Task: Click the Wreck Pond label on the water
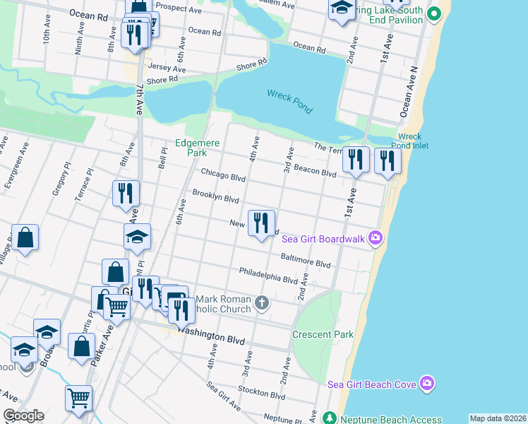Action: click(289, 100)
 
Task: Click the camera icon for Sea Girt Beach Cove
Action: click(426, 384)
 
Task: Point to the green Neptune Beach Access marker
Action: click(328, 418)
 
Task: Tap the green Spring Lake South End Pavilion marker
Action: click(435, 13)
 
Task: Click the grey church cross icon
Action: click(262, 304)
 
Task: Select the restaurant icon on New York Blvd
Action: click(261, 223)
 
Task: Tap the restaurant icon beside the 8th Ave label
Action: click(126, 193)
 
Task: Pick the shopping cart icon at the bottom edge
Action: click(78, 398)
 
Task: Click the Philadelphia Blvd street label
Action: click(268, 275)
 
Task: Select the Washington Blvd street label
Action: click(210, 334)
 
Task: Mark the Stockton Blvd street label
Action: click(262, 394)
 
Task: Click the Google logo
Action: click(23, 416)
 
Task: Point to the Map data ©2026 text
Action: click(497, 418)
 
